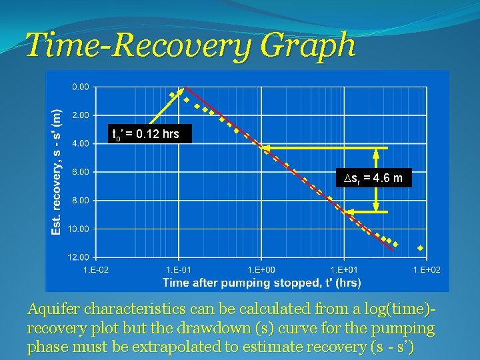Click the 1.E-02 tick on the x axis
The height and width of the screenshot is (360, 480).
tap(95, 269)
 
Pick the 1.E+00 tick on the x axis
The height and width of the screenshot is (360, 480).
tap(261, 269)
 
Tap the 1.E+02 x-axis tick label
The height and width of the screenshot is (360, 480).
tap(426, 269)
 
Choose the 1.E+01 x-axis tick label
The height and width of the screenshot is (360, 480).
tap(343, 269)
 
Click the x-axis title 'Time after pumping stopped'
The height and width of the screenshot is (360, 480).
tap(261, 283)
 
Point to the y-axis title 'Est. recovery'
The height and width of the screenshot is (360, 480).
tap(57, 172)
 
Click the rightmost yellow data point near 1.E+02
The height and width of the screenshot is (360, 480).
tap(420, 248)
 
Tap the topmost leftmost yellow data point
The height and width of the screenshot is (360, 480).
tap(172, 95)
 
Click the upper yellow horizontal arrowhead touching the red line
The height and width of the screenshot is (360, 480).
tap(263, 148)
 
